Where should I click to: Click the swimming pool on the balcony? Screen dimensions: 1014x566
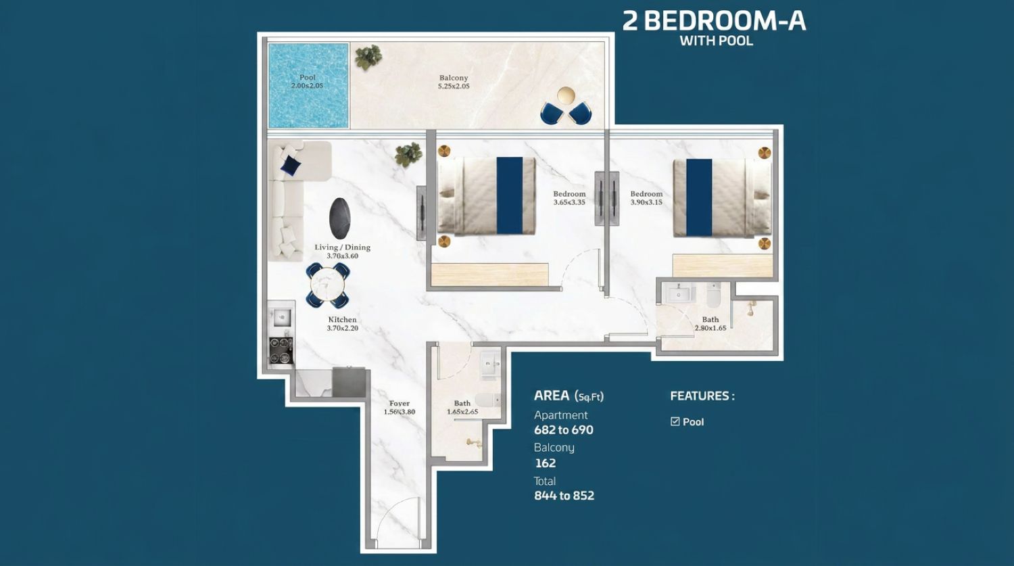tap(308, 86)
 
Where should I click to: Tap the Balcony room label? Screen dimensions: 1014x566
tap(454, 78)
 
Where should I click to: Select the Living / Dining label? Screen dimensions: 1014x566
tap(343, 247)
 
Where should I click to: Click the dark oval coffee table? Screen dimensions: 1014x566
tap(340, 218)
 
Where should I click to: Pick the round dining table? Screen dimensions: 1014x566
tap(328, 286)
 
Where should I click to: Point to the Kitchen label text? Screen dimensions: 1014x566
tap(342, 319)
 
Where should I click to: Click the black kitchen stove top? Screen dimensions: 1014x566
tap(281, 350)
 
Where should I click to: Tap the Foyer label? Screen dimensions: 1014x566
tap(400, 403)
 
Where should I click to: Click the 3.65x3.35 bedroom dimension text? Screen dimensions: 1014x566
tap(569, 202)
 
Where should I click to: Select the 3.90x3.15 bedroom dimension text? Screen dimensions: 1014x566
tap(646, 202)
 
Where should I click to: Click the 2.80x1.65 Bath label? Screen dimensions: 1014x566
tap(710, 324)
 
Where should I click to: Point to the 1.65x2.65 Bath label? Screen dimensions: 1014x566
tap(462, 408)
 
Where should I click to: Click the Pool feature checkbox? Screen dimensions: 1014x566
tap(675, 421)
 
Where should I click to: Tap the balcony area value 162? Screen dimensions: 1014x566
tap(546, 463)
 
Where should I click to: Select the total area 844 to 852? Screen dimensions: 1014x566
tap(564, 496)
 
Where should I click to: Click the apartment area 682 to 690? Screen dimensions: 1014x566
tap(564, 429)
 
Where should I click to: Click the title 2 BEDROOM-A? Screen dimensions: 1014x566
tap(715, 21)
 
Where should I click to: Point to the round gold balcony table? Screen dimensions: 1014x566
tap(566, 96)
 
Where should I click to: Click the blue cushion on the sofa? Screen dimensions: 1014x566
tap(290, 165)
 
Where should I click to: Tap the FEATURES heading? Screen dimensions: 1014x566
tap(702, 396)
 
